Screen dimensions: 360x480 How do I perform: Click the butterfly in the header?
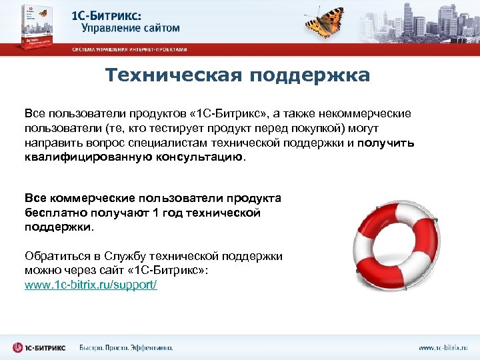327,22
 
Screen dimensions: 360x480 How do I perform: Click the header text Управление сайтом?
131,28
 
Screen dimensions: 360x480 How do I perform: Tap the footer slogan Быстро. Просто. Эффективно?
126,348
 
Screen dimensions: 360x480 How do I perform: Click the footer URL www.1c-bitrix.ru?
443,348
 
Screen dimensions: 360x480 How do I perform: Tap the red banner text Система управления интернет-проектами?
130,49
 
